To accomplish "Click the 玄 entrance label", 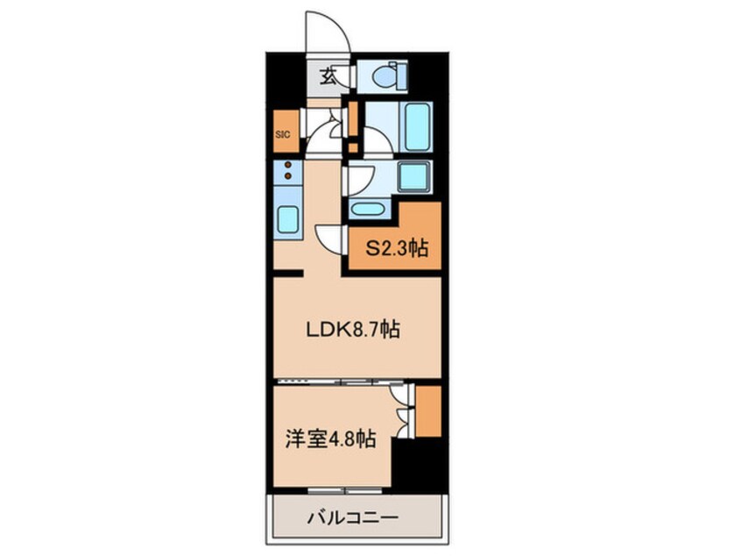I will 328,77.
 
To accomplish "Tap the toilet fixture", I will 385,77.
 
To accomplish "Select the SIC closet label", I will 282,134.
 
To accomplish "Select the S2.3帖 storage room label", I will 396,250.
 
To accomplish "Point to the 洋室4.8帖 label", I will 329,438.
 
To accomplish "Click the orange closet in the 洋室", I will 427,410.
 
